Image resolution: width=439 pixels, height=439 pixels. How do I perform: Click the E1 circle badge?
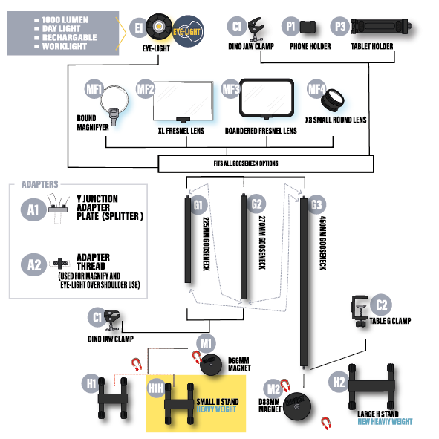coord(138,27)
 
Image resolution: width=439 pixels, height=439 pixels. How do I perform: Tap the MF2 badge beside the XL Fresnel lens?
coord(146,89)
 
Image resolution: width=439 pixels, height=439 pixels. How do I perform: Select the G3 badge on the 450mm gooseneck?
coord(316,205)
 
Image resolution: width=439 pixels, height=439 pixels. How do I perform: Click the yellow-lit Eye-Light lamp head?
coord(159,27)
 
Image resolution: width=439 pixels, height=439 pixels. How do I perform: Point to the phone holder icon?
coord(308,27)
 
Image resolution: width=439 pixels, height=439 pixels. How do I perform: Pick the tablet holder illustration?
coord(381,27)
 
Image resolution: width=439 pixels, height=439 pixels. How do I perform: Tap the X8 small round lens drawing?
coord(333,100)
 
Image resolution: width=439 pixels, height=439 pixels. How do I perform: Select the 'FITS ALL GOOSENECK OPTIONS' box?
coord(266,163)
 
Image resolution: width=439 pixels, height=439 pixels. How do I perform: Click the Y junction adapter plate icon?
coord(58,209)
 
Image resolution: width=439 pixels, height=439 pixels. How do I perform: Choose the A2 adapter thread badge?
coord(33,264)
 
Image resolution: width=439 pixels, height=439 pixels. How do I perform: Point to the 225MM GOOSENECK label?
coord(207,244)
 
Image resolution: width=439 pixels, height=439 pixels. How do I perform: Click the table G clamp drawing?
coord(360,310)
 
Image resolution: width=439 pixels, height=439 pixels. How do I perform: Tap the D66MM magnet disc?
coord(210,364)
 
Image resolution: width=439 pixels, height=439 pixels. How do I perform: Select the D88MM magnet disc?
coord(297,406)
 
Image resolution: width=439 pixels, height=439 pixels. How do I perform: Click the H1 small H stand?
coord(113,398)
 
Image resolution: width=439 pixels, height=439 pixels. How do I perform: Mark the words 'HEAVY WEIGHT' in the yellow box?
coord(216,409)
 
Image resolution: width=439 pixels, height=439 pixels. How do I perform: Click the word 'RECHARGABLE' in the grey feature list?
coord(69,38)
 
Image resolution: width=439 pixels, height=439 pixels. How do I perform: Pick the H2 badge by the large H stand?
coord(339,382)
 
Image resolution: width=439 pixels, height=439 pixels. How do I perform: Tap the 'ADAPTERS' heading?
coord(40,184)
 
